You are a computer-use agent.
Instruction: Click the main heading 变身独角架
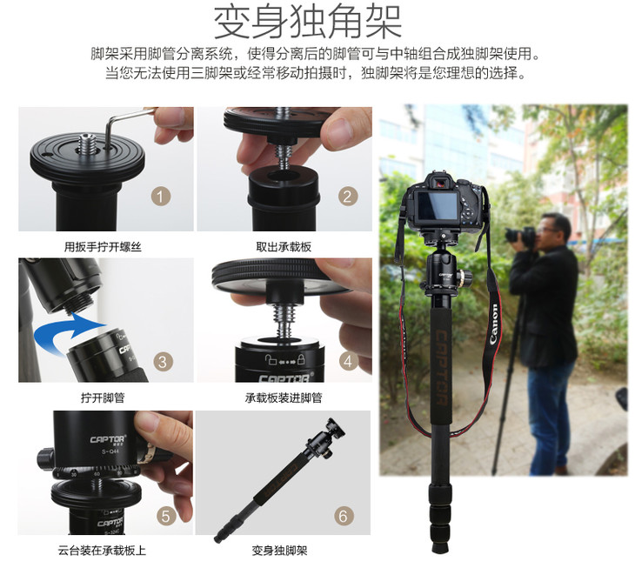[307, 23]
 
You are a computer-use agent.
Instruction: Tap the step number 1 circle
[161, 197]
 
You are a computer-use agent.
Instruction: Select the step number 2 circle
[347, 197]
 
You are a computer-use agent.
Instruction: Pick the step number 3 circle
[163, 362]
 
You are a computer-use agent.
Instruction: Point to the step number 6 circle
[344, 516]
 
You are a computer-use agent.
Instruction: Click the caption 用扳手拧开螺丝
[103, 246]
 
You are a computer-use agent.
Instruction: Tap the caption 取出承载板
[284, 246]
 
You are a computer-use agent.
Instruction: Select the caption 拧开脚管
[103, 398]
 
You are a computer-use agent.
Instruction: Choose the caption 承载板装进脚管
[284, 398]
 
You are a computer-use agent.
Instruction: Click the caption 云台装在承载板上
[102, 551]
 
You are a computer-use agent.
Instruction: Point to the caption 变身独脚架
[279, 551]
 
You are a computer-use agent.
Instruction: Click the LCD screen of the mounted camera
[438, 204]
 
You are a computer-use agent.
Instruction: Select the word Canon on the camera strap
[494, 324]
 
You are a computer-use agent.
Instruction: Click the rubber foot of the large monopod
[440, 546]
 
